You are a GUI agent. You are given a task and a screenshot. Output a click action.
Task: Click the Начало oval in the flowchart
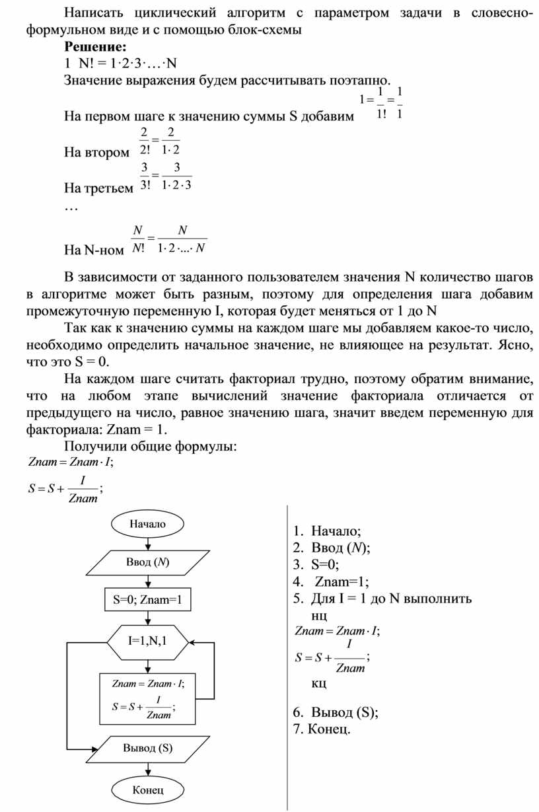[147, 524]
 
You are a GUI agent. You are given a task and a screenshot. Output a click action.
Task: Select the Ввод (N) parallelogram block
[147, 562]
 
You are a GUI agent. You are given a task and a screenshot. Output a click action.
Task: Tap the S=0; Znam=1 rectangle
[147, 601]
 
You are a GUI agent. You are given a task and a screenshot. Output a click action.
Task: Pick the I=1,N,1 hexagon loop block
[147, 641]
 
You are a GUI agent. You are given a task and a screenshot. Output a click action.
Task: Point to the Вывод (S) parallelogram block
[147, 749]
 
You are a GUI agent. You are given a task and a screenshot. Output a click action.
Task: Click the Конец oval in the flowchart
[147, 789]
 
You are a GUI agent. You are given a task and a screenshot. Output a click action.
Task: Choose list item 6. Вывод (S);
[336, 712]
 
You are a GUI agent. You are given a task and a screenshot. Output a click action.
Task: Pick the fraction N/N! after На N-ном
[139, 239]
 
